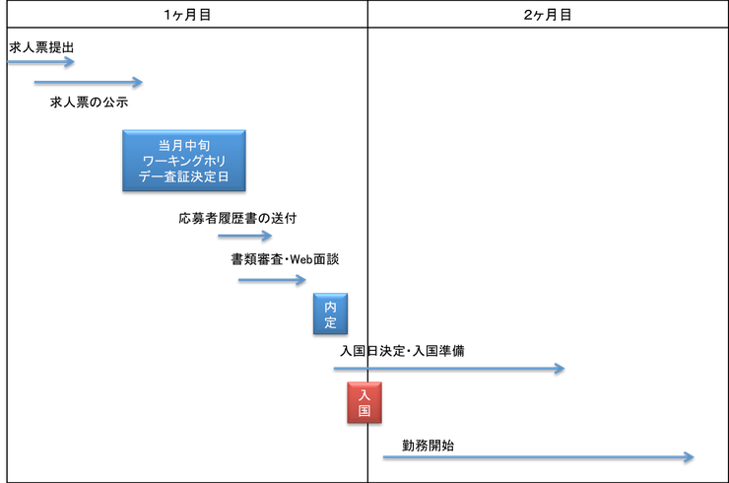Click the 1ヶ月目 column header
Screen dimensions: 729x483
[187, 14]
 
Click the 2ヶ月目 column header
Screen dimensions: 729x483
[548, 14]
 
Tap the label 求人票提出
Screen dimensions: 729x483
[41, 47]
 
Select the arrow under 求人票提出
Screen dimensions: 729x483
[41, 61]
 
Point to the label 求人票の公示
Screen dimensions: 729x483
[89, 102]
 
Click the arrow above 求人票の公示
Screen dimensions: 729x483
[89, 83]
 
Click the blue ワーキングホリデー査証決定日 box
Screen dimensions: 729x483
[184, 161]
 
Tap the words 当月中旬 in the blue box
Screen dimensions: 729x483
[184, 145]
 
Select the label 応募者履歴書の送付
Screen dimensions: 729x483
[237, 218]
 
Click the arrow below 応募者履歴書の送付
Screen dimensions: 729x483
[245, 236]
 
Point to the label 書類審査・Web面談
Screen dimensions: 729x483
[285, 259]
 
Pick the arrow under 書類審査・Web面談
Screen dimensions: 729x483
[272, 280]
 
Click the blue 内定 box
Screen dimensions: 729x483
[331, 313]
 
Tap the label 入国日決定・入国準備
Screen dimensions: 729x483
[402, 350]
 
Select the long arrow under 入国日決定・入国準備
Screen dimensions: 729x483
[449, 369]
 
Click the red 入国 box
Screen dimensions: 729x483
[364, 402]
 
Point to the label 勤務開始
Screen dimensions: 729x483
[429, 446]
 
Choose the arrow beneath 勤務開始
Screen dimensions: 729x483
[539, 457]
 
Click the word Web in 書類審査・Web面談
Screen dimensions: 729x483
[300, 259]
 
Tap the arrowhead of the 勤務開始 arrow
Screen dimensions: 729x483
[690, 457]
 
